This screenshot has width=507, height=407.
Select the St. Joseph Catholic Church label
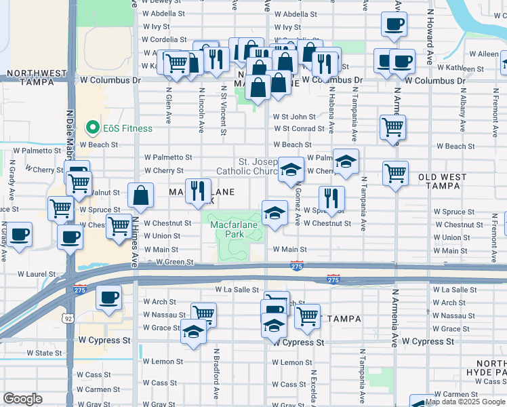(x=247, y=166)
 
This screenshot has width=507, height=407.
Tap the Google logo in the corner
(x=22, y=398)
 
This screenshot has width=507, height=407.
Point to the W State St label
(x=44, y=353)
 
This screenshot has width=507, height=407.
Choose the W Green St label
(x=174, y=262)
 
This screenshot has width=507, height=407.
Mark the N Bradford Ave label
(x=216, y=373)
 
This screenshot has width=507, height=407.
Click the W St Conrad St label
(x=299, y=129)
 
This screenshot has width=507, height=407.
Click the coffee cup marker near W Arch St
(x=108, y=297)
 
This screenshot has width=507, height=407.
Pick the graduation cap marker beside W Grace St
(x=194, y=332)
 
